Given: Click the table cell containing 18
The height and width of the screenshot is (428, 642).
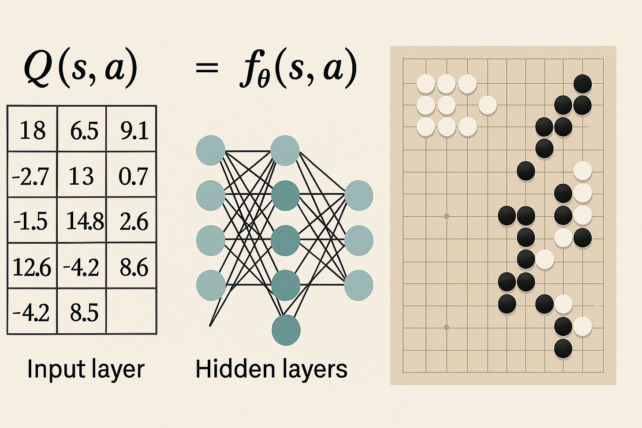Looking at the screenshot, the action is click(32, 130).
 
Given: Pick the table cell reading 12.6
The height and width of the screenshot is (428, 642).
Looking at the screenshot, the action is click(32, 267).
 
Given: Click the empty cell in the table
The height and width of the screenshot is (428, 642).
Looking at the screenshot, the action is click(131, 311).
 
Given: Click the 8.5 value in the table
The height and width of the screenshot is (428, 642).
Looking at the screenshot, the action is click(84, 312).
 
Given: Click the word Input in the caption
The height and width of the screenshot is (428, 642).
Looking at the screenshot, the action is click(49, 369).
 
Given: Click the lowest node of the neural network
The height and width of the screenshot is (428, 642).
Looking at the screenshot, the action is click(286, 330).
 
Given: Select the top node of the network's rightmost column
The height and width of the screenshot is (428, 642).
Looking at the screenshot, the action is click(358, 195).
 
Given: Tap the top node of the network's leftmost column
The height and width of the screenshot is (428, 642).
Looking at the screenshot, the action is click(211, 150).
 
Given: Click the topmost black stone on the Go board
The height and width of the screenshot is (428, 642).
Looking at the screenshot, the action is click(582, 84).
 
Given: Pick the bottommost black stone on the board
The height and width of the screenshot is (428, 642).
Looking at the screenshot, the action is click(563, 348).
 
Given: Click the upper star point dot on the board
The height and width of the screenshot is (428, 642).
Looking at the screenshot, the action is click(446, 216).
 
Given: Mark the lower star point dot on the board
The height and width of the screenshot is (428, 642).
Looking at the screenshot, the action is click(446, 327).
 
